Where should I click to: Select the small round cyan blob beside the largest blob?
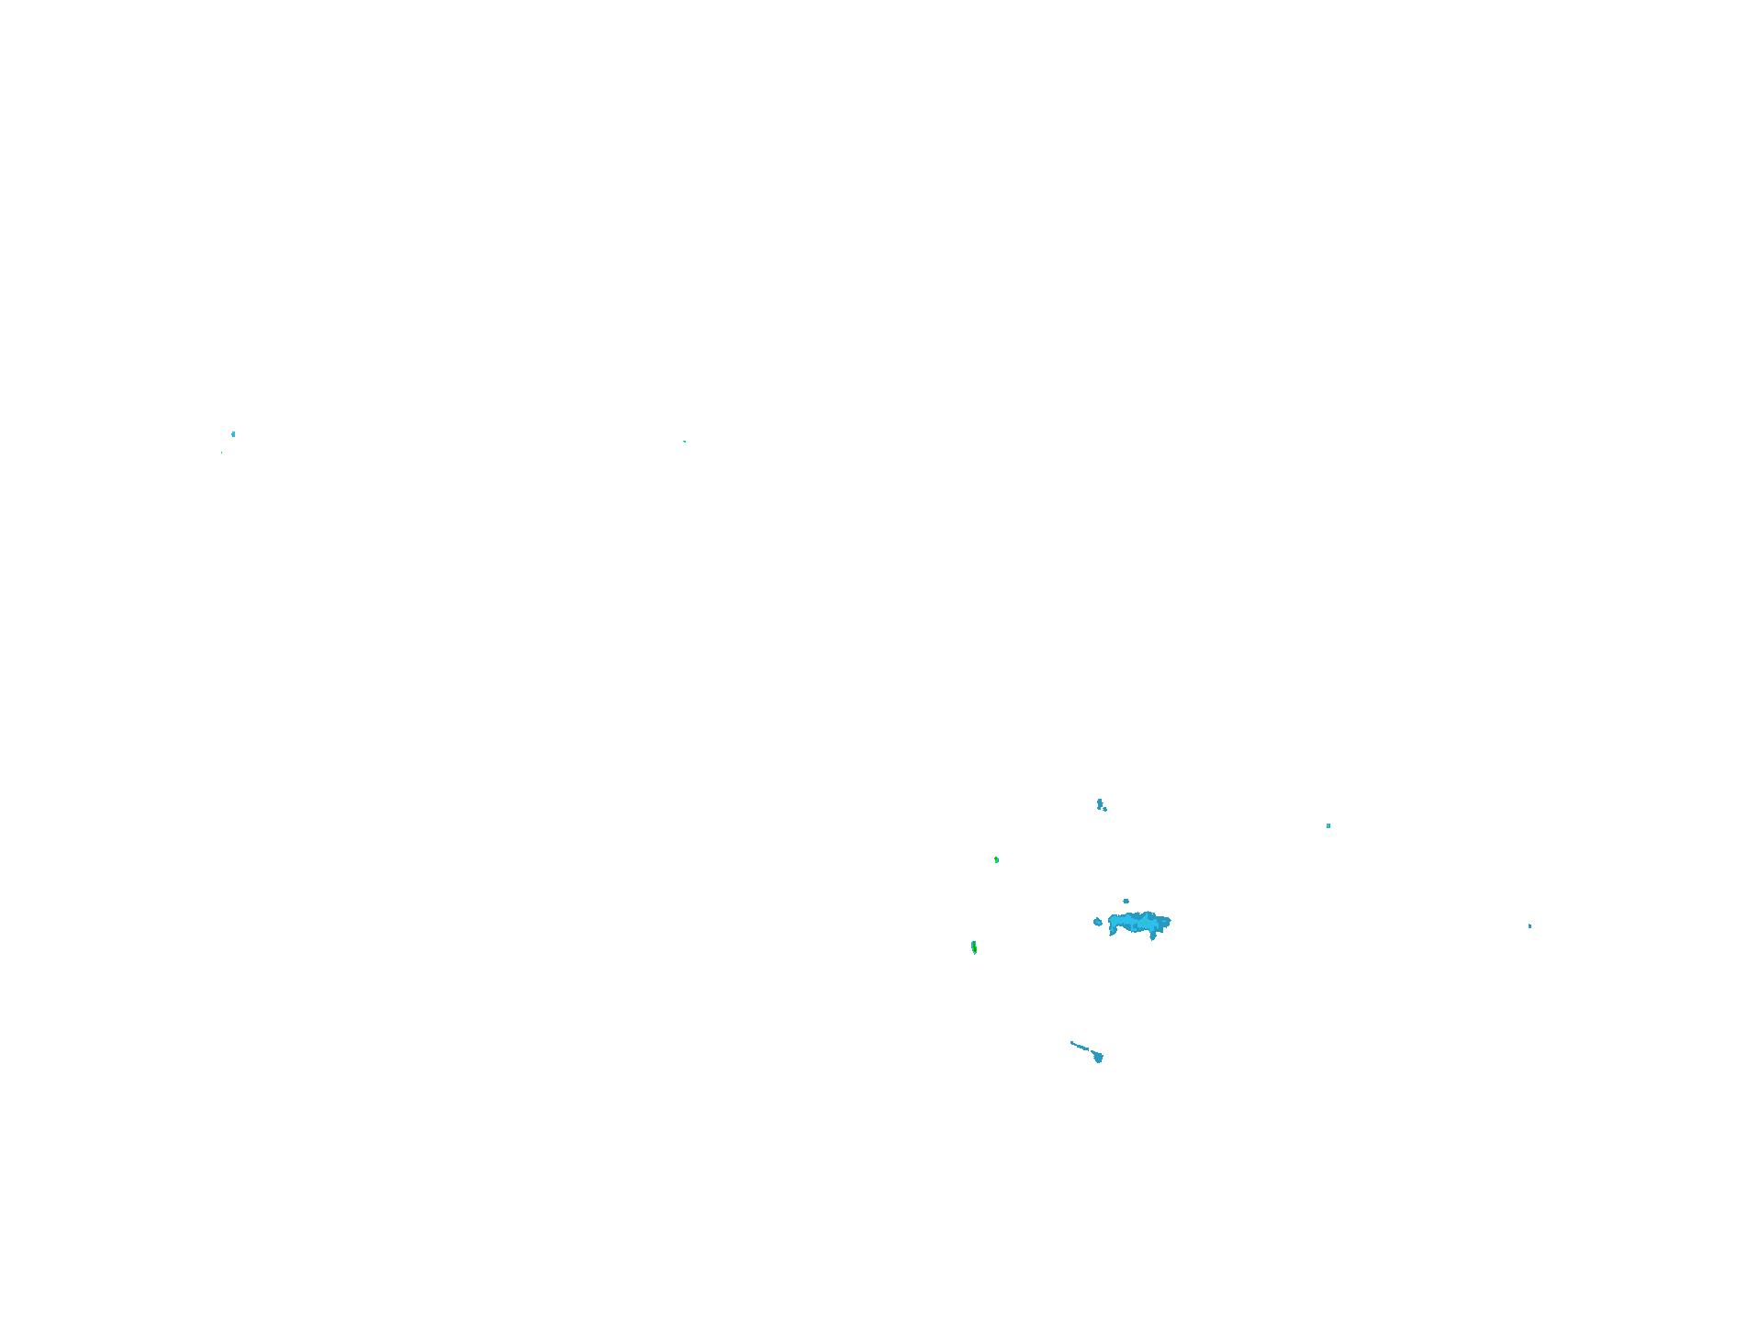coord(1098,922)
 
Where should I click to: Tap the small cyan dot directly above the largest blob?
coord(1126,901)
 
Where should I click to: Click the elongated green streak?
coord(974,947)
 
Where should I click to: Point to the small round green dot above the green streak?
coord(996,859)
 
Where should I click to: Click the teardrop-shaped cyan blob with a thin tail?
coord(1098,1057)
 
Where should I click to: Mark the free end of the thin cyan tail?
coord(1071,1042)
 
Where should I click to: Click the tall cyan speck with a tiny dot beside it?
coord(1100,803)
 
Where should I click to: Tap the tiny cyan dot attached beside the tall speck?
coord(1104,809)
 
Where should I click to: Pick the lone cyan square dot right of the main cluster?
coord(1328,825)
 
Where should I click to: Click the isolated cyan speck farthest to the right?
coord(1529,925)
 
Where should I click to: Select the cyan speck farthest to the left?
coord(233,433)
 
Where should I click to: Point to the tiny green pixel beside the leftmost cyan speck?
coord(221,452)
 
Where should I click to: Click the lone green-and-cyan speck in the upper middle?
coord(684,442)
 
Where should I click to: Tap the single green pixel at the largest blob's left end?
coord(1113,921)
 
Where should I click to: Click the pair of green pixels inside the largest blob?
coord(1145,923)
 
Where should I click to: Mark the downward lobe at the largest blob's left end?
coord(1113,931)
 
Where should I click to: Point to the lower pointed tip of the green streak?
coord(975,953)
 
